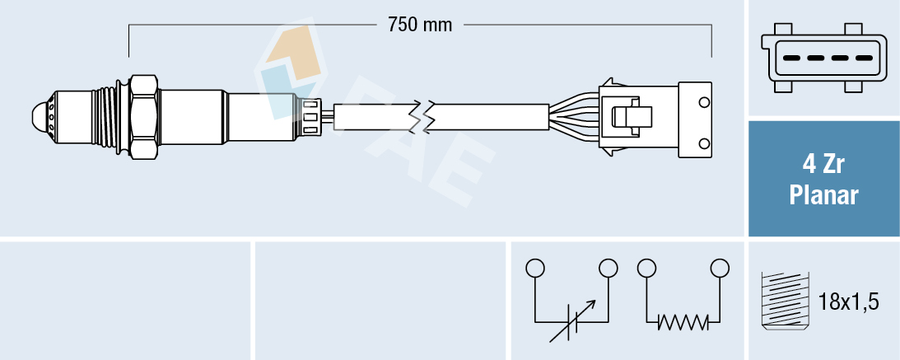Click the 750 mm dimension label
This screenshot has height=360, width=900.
pyautogui.click(x=420, y=25)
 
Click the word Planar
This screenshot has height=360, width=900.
pyautogui.click(x=823, y=195)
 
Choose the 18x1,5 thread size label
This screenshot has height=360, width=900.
pyautogui.click(x=849, y=302)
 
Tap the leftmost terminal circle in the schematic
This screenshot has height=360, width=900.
pyautogui.click(x=535, y=268)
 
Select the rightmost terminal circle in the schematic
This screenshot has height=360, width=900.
pyautogui.click(x=720, y=268)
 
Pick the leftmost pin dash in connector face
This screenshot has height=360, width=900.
pyautogui.click(x=792, y=58)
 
